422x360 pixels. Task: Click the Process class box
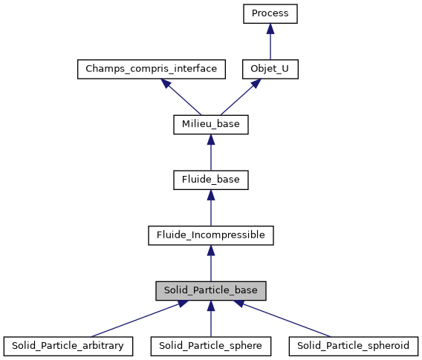click(270, 13)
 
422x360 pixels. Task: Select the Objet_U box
click(270, 68)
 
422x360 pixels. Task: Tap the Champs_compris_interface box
click(151, 68)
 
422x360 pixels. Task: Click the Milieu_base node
click(211, 124)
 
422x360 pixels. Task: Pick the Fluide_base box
click(211, 180)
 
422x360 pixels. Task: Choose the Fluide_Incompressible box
click(211, 235)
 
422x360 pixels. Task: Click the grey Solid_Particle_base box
click(211, 291)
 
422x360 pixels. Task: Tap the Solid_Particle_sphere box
click(211, 346)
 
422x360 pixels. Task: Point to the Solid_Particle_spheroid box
click(354, 346)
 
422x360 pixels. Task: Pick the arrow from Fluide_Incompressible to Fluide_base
click(211, 209)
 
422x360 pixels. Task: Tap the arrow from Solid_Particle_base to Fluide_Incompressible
click(211, 265)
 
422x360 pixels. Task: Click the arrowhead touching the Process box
click(270, 28)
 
